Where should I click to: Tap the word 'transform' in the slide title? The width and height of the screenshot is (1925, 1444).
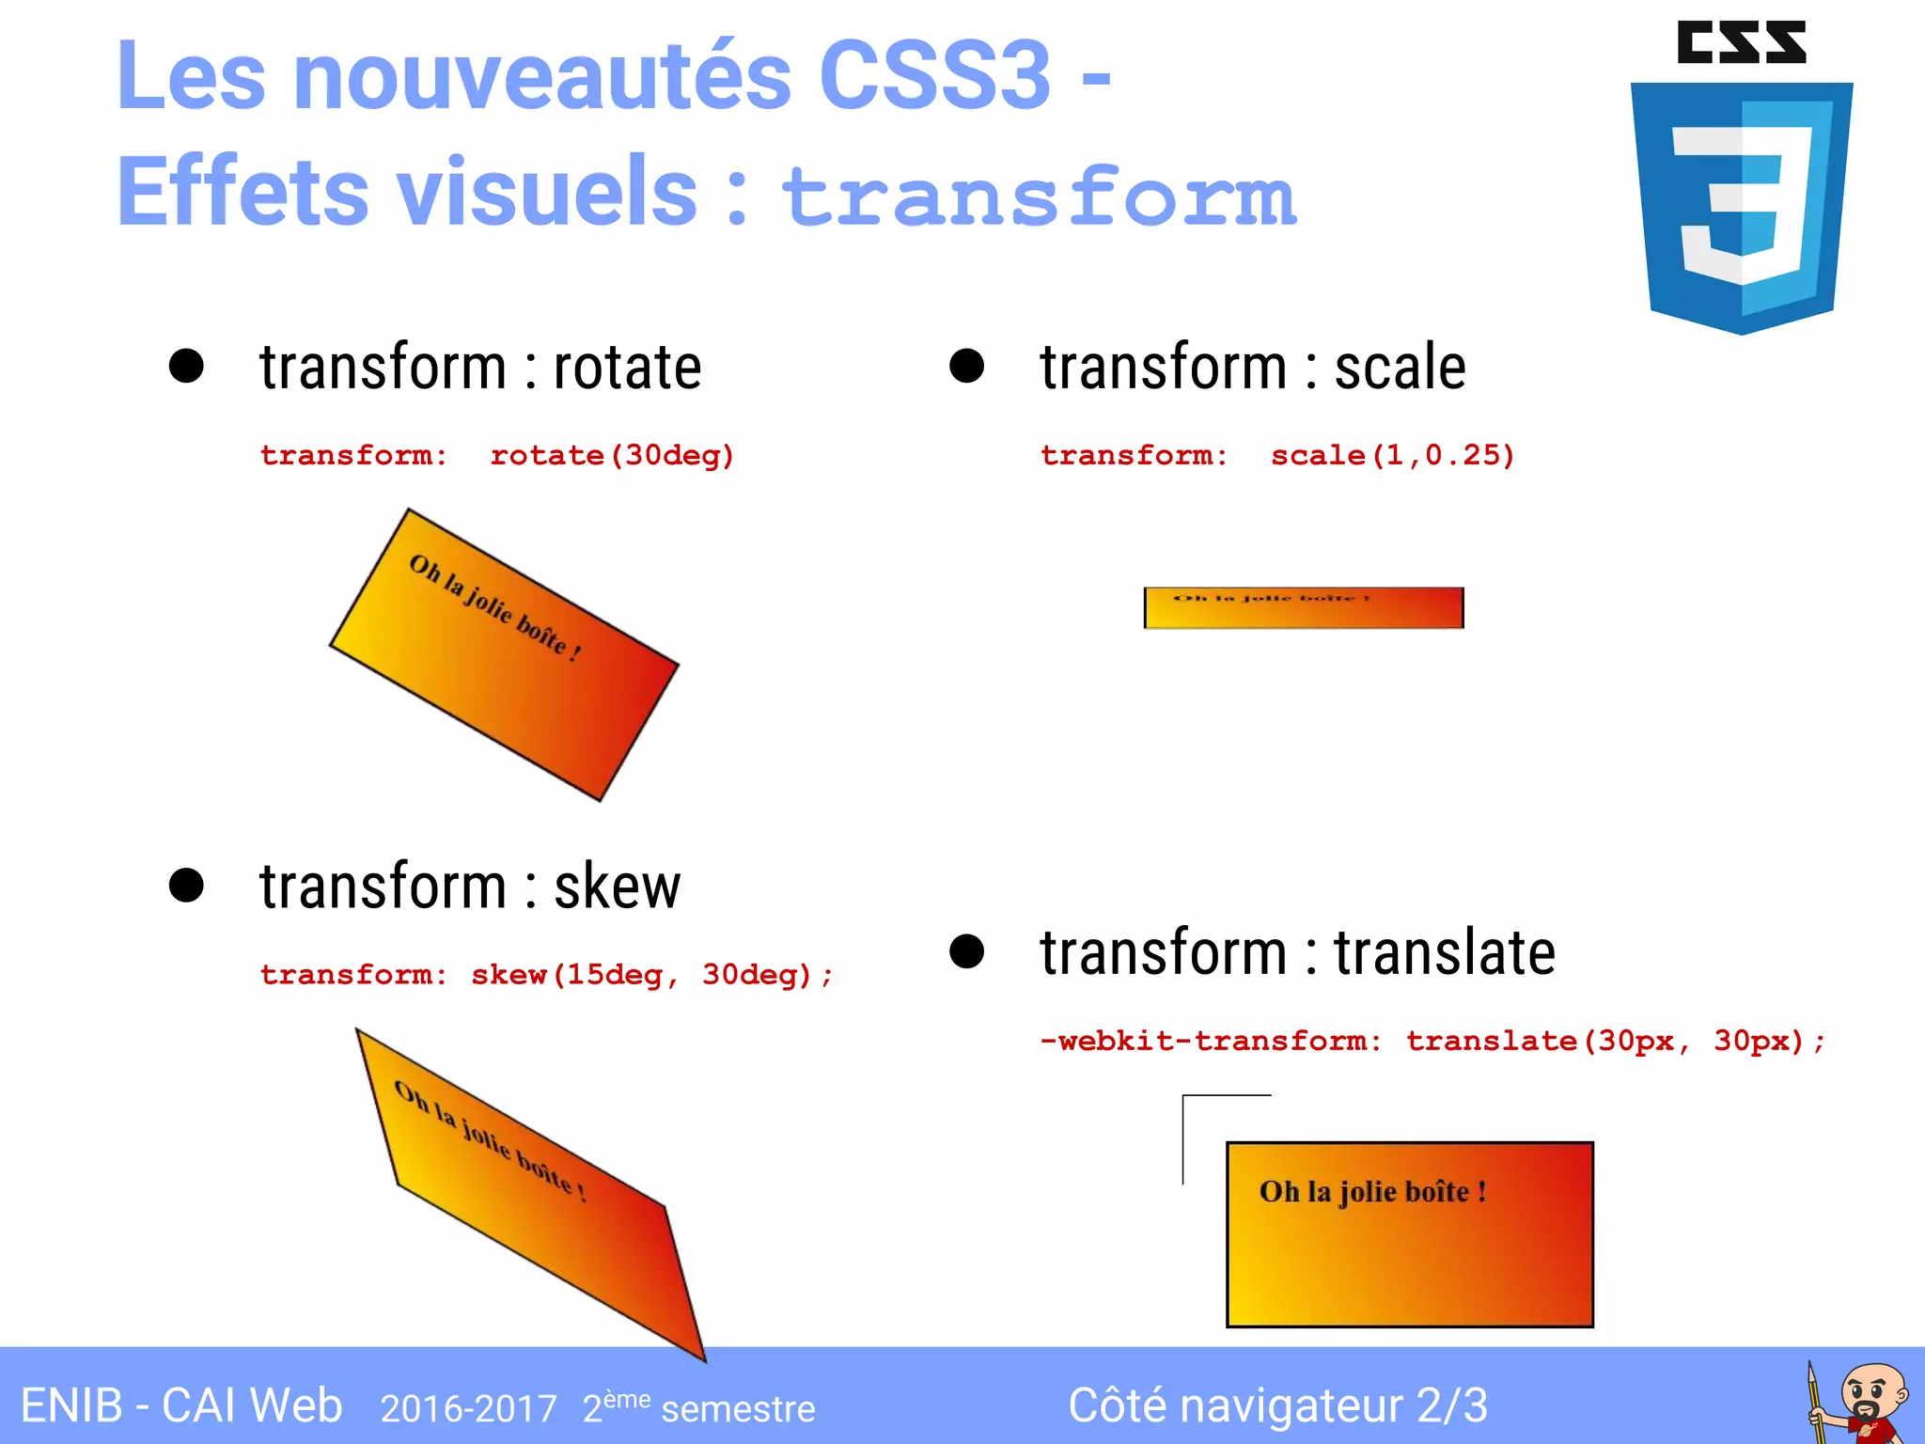(1039, 196)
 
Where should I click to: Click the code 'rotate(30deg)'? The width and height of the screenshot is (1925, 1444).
(612, 456)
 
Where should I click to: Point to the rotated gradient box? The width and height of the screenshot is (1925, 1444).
(504, 655)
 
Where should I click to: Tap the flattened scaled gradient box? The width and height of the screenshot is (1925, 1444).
(1303, 608)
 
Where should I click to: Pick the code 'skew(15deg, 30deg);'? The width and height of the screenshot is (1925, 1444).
(651, 975)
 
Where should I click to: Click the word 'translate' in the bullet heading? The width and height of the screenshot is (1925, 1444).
(1444, 952)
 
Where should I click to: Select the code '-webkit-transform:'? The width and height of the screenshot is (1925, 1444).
(1211, 1042)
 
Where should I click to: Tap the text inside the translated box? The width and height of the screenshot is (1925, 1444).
(1372, 1192)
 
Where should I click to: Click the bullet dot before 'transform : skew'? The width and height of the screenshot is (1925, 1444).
(186, 886)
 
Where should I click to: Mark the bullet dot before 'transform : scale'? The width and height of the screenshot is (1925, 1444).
(966, 366)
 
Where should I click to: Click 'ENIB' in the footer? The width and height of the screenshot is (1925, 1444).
(71, 1406)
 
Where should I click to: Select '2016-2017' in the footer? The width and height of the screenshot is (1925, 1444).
(468, 1409)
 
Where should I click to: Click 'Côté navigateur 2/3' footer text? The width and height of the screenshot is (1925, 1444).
(1277, 1406)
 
